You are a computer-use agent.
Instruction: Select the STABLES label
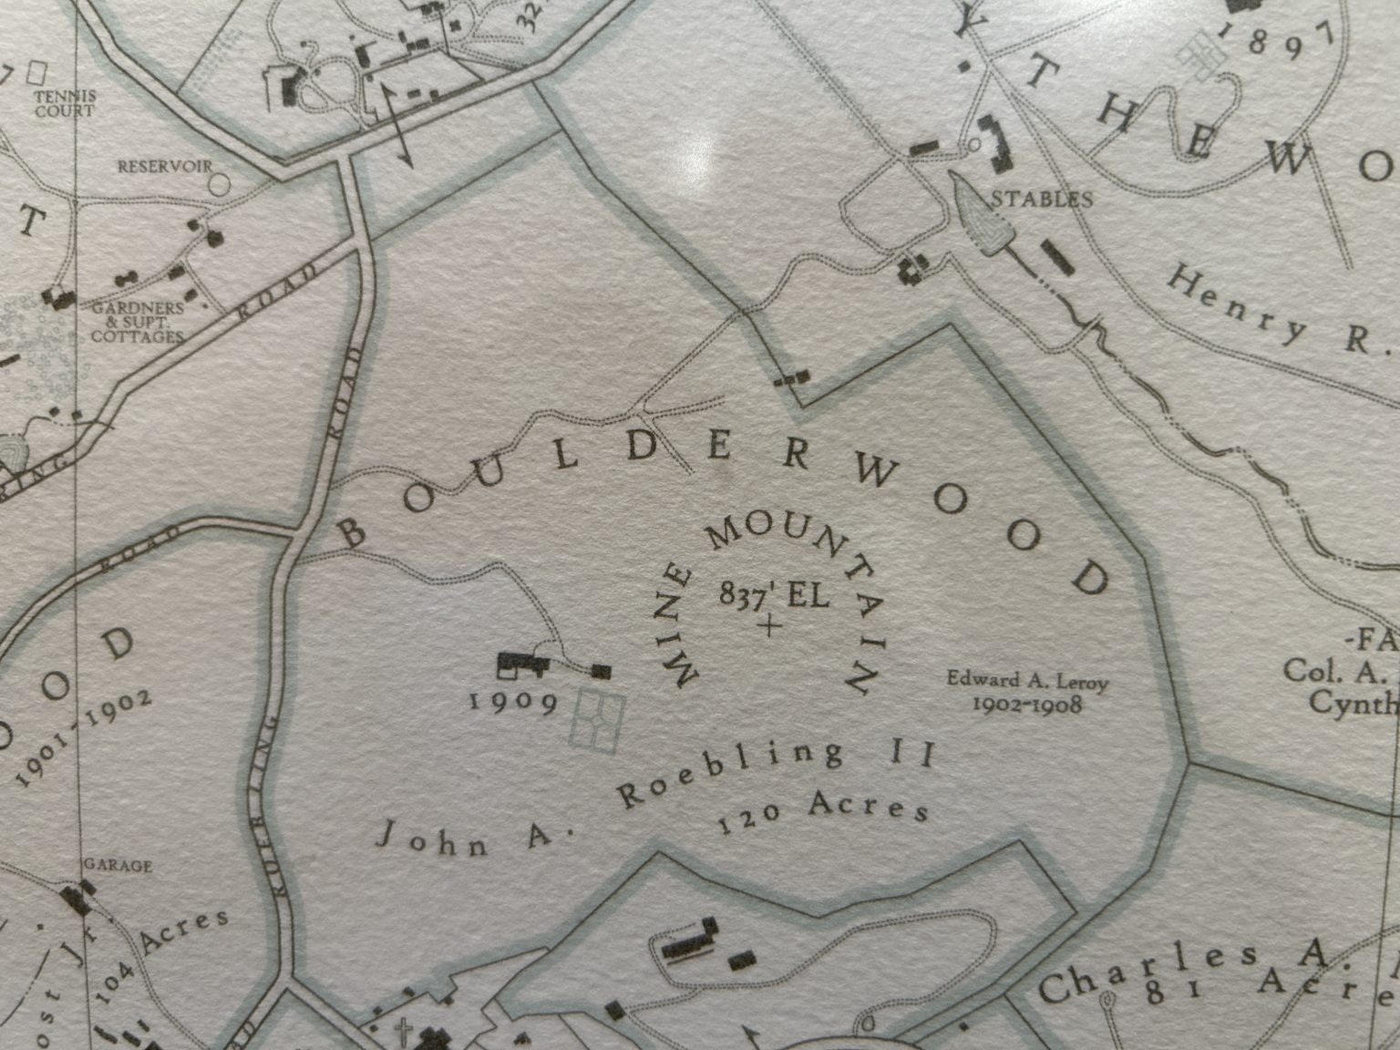[x=1042, y=199]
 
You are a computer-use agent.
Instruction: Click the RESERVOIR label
[x=164, y=168]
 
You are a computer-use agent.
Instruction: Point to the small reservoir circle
[x=219, y=181]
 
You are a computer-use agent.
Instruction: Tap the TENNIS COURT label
[x=65, y=104]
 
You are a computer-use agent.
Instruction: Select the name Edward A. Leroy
[x=1025, y=680]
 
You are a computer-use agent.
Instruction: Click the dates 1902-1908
[x=1026, y=705]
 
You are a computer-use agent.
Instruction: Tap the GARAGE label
[x=118, y=865]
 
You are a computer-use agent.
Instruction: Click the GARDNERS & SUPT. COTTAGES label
[x=138, y=322]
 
